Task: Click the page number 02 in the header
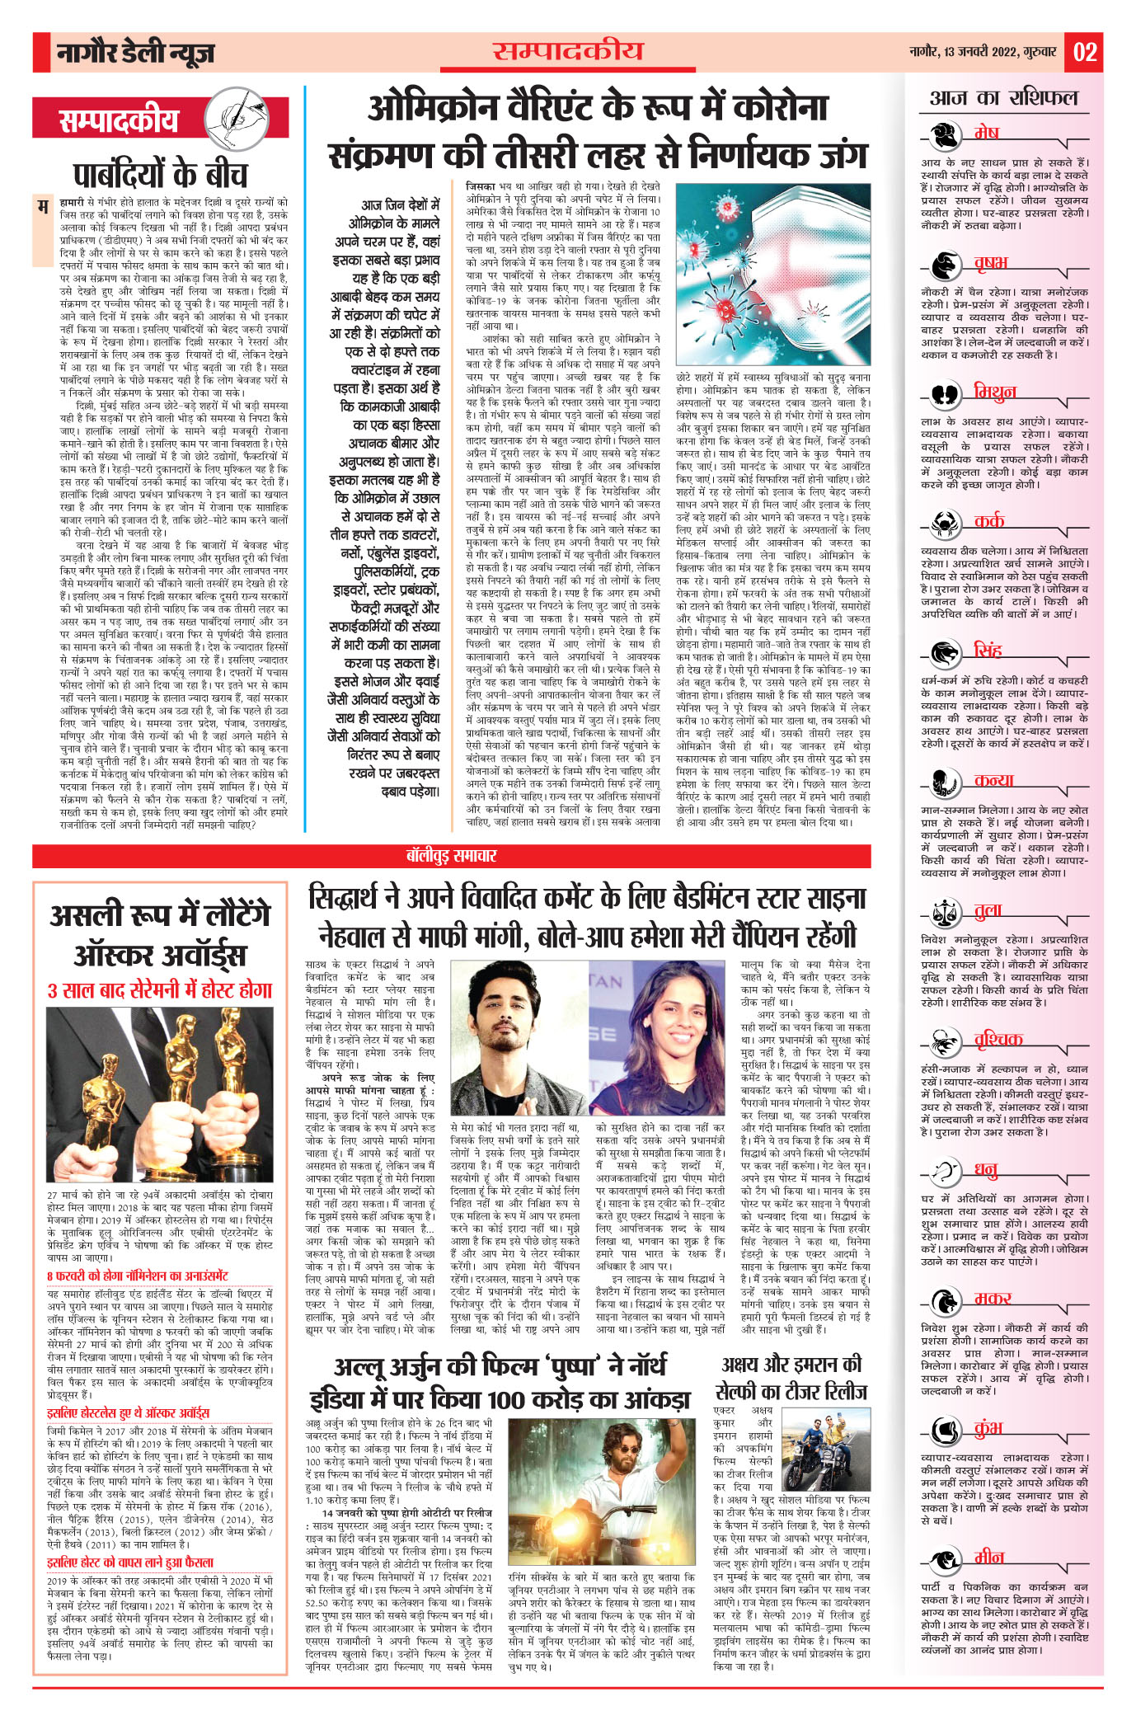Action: click(1084, 53)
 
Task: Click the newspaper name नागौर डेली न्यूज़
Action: click(135, 54)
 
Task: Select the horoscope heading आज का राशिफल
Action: click(1003, 98)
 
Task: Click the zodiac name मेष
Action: click(985, 133)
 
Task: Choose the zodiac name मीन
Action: click(988, 1557)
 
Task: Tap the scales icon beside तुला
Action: click(945, 912)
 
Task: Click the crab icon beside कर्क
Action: click(945, 522)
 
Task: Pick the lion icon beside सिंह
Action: click(945, 652)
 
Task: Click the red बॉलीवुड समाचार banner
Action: click(451, 856)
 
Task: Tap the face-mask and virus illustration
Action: click(772, 278)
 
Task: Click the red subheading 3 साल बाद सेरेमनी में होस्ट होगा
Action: click(160, 990)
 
